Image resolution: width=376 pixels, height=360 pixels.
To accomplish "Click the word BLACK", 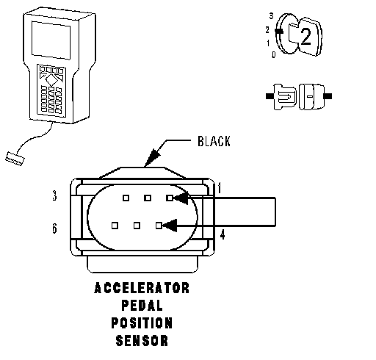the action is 214,141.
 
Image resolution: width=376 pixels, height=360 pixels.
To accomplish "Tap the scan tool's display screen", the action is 51,40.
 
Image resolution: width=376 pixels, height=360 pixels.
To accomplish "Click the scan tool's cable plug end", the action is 15,159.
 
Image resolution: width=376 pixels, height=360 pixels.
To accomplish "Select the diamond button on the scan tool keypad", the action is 51,79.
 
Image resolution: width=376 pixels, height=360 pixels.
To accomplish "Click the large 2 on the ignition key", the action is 306,37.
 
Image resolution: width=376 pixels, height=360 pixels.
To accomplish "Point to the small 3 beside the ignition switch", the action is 271,16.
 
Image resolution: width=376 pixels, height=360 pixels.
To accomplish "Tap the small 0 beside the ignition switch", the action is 273,54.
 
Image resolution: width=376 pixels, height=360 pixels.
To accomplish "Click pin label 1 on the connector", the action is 220,187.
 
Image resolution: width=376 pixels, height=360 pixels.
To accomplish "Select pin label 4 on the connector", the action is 223,234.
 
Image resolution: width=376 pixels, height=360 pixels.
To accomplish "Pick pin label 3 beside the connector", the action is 54,195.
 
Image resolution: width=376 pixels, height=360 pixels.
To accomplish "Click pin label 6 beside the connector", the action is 54,228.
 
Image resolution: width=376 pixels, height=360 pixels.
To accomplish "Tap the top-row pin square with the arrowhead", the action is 170,198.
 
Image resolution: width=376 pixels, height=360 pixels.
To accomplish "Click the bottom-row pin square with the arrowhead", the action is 159,226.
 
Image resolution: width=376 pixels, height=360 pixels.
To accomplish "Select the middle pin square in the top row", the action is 148,198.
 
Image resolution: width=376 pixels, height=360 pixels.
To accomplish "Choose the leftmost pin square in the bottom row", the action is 115,226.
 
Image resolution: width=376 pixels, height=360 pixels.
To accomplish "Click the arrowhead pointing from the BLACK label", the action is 153,156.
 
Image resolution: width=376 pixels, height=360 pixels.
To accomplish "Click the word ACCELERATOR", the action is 142,288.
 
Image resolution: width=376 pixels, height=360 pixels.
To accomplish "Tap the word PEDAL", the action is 142,306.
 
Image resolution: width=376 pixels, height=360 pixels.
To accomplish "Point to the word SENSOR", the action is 142,341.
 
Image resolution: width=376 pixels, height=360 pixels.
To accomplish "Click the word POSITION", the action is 142,323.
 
